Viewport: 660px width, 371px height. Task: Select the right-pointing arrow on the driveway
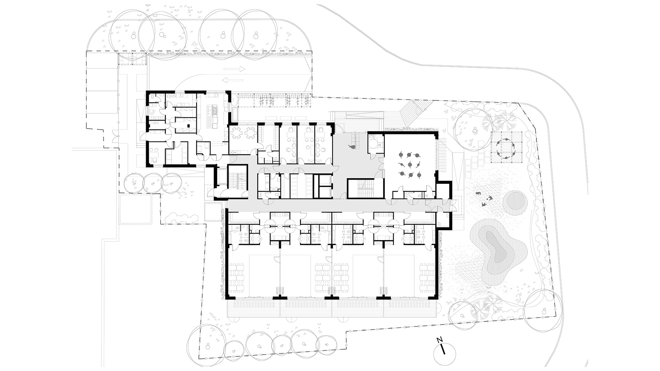coord(234,69)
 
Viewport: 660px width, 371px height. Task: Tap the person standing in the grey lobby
coord(352,147)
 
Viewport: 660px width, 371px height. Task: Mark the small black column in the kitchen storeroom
coord(189,126)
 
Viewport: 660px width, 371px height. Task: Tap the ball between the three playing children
coord(485,199)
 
